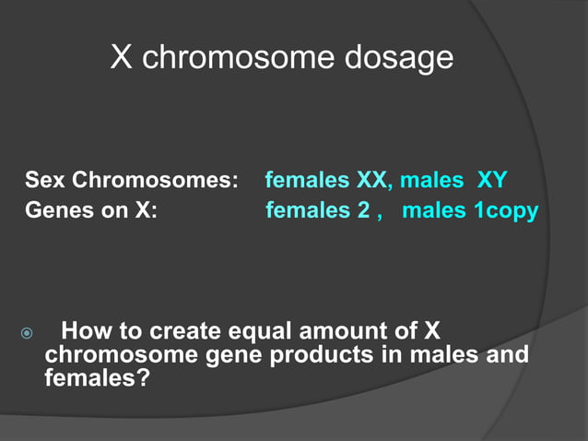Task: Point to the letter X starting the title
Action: coord(122,57)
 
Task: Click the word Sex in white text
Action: coord(45,179)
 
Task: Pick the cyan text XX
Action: coord(373,179)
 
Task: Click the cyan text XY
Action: coord(491,179)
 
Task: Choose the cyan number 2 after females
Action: coord(367,210)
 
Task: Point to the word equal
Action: coord(267,331)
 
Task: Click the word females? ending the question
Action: coord(97,378)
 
